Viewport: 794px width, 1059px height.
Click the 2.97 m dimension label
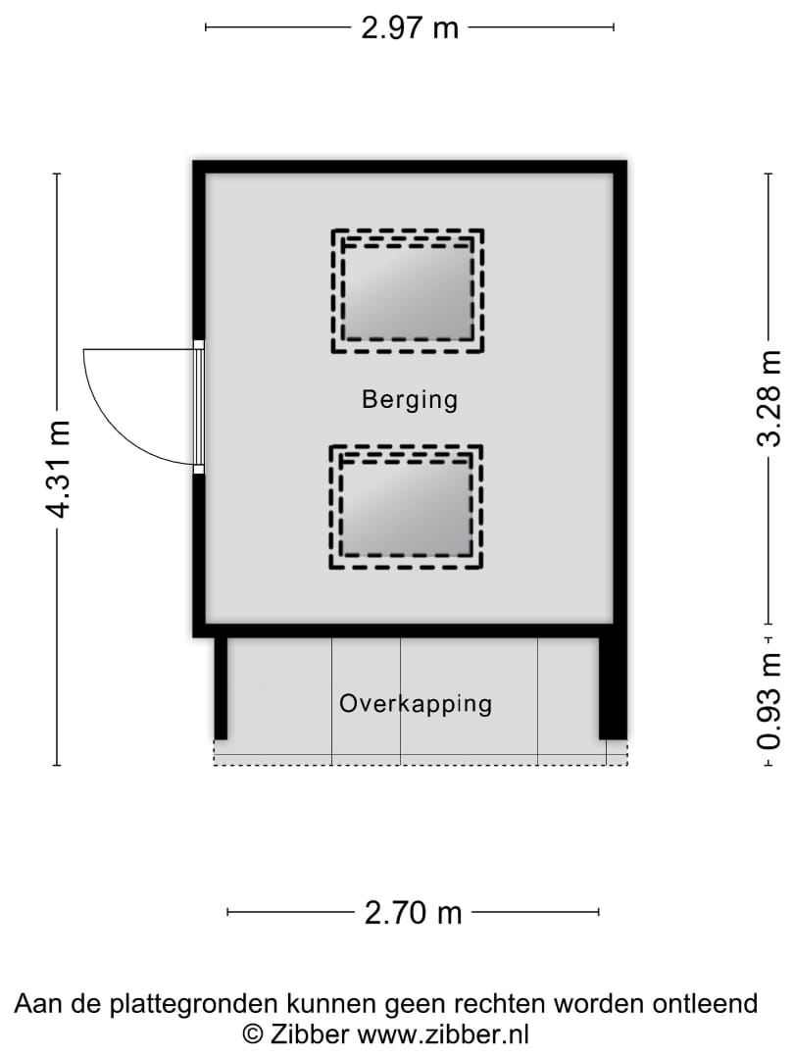(410, 27)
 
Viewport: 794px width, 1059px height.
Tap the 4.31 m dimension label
(59, 470)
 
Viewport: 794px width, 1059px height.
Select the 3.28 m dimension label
(769, 398)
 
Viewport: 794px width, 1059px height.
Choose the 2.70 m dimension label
(414, 913)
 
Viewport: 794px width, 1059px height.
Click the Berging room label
(410, 400)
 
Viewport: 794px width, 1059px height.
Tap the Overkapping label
(416, 704)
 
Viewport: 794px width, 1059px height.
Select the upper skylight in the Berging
(408, 291)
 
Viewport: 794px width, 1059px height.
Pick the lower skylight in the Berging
(406, 507)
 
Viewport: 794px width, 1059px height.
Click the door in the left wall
(198, 407)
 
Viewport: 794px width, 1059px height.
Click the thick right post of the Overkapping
(613, 688)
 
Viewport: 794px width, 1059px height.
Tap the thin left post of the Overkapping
(221, 688)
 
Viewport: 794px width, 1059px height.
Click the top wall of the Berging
(410, 167)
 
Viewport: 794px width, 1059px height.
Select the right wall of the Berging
(620, 398)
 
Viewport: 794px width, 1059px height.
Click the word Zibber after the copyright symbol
(309, 1034)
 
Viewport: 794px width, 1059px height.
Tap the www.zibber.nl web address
(443, 1034)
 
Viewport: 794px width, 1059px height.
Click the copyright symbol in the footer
(253, 1034)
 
